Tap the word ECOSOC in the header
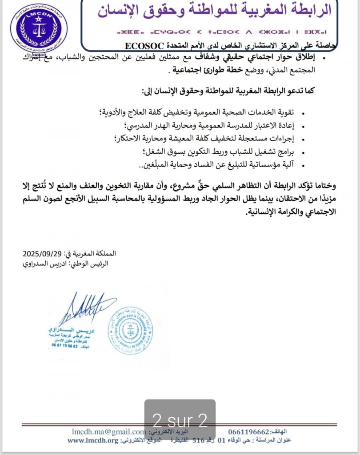[x=144, y=45]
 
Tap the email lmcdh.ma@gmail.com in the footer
[x=109, y=432]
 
